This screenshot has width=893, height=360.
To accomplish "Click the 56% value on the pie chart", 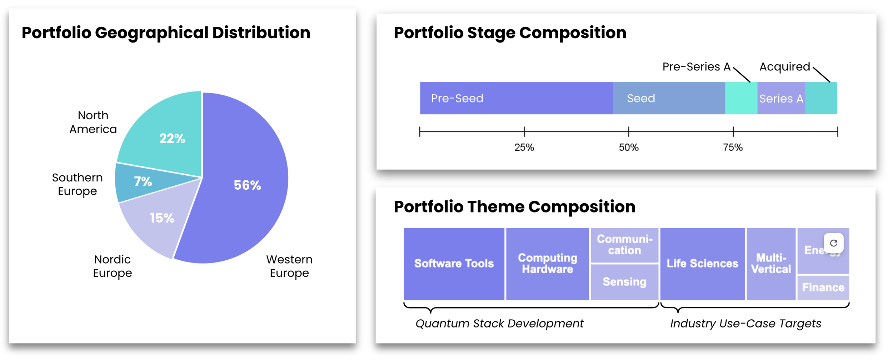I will click(x=247, y=185).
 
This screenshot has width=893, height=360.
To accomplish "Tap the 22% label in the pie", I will click(x=172, y=138).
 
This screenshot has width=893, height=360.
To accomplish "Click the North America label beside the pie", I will click(x=93, y=122).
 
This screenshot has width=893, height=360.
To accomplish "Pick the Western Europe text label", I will click(x=289, y=266).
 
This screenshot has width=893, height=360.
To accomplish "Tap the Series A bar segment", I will click(x=781, y=99).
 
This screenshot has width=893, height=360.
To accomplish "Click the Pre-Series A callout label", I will click(x=696, y=67).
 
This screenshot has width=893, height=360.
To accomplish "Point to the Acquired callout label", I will click(x=784, y=67).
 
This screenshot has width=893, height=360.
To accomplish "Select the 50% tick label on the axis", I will click(x=628, y=147).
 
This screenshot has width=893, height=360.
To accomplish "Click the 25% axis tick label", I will click(x=524, y=147).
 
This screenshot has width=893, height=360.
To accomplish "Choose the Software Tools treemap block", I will click(x=454, y=264).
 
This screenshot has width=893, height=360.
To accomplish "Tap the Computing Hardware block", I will click(x=547, y=264).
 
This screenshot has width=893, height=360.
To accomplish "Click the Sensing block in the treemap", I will click(x=624, y=282).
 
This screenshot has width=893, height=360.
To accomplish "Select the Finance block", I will click(x=823, y=287).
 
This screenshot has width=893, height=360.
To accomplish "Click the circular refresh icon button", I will click(x=833, y=243).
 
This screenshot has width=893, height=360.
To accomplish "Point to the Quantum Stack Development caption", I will click(x=499, y=324).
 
